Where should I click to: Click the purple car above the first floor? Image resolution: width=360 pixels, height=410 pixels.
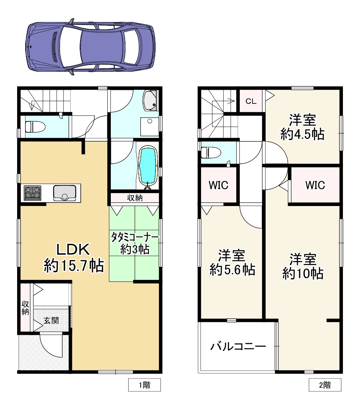point(90,46)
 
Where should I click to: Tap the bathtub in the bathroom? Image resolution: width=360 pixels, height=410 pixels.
point(149,166)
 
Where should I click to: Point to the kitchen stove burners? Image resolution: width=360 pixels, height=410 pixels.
point(32,193)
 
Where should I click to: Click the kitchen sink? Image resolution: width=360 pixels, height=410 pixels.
point(64,193)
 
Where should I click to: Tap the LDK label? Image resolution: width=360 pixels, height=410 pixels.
point(74,249)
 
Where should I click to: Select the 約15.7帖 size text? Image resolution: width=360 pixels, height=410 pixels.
point(74,266)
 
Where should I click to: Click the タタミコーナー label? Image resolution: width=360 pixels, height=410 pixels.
point(135,238)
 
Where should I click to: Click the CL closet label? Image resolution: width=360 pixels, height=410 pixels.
point(251,101)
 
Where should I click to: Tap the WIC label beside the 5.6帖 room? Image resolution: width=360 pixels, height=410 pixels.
point(218,185)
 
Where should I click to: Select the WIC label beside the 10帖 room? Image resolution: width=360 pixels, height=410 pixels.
point(315,185)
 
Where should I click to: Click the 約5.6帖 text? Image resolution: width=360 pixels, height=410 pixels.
point(232,270)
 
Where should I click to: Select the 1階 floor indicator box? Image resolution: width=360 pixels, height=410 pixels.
point(145,385)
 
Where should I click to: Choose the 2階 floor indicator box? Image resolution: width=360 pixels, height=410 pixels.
point(325,385)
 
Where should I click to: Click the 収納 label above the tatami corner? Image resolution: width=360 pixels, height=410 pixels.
point(135,198)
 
